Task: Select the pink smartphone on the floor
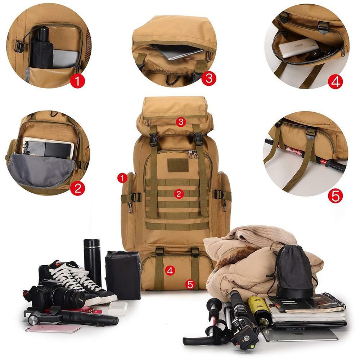(53, 328)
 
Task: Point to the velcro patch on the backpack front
(178, 165)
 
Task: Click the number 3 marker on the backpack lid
(181, 122)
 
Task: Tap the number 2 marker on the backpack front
(179, 194)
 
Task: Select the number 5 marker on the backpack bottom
(190, 284)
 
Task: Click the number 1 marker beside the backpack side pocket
(123, 177)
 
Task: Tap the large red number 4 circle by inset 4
(335, 82)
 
